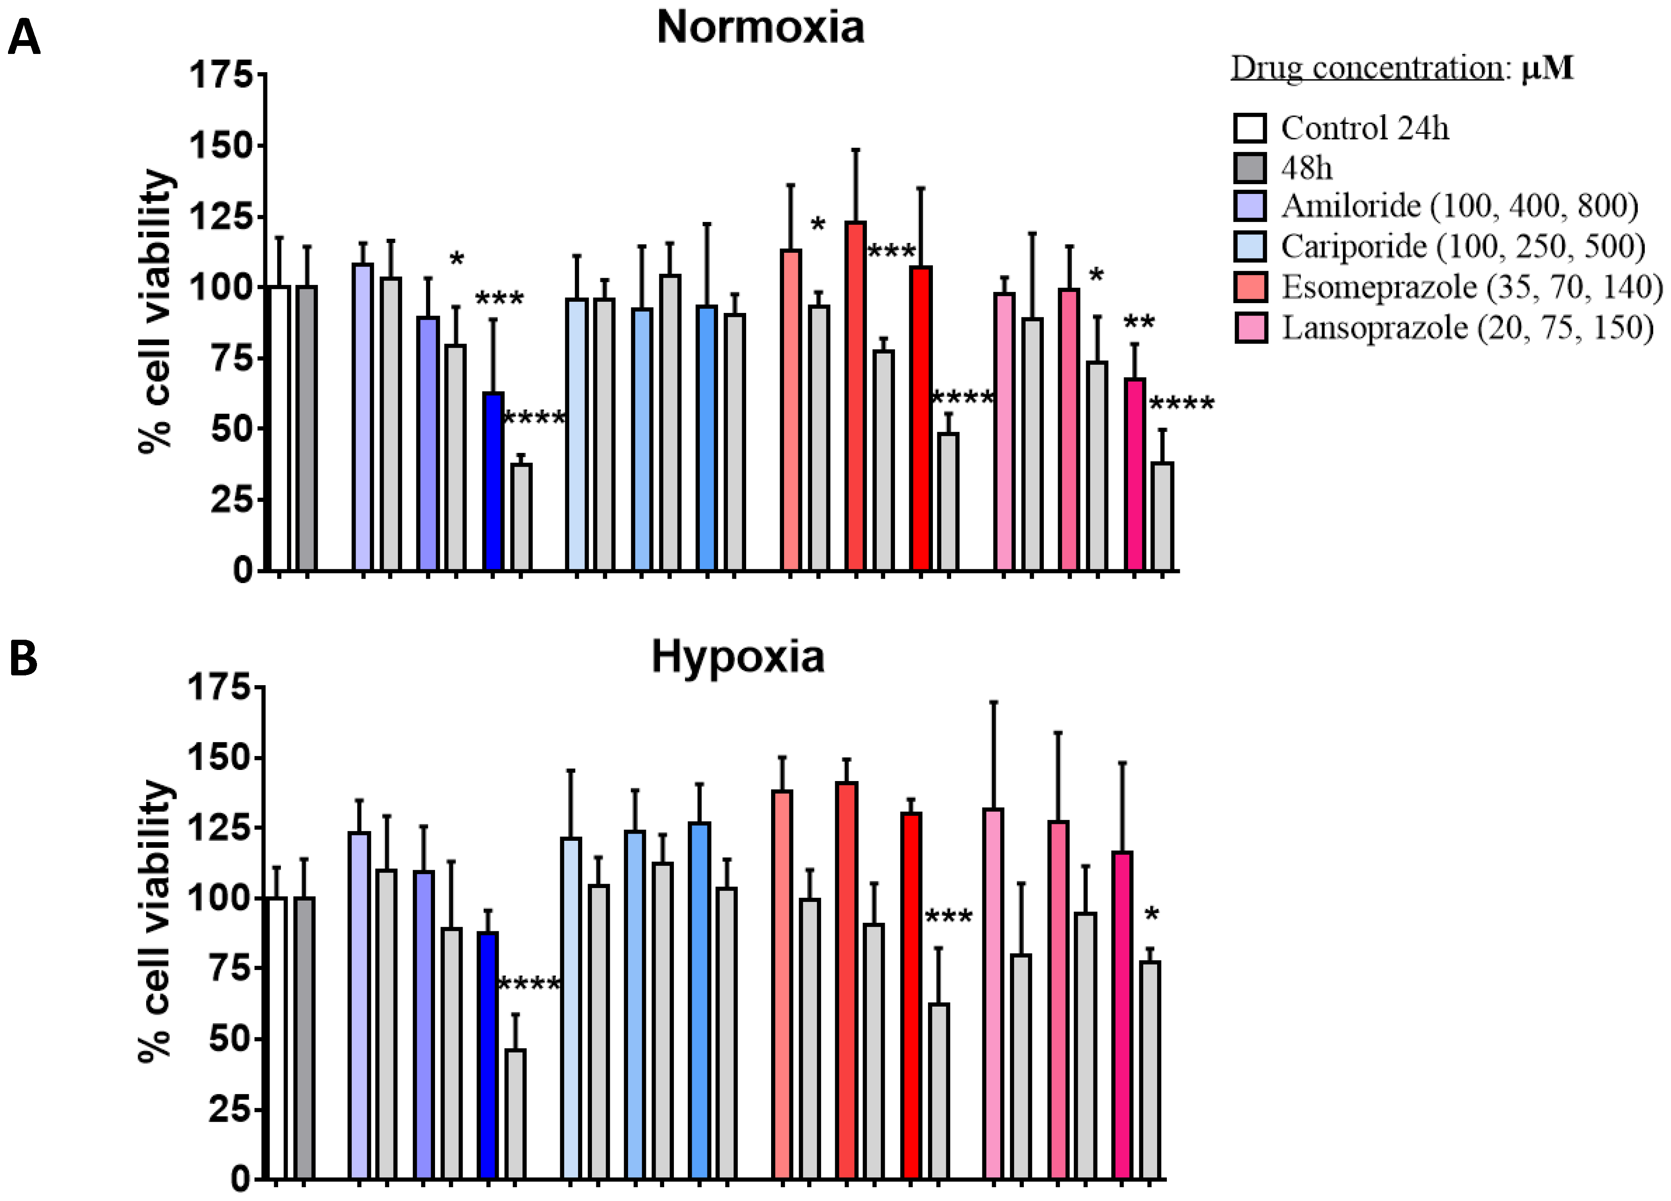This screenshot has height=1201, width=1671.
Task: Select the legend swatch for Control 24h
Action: coord(1249,128)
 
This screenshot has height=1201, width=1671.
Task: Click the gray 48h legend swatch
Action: coord(1249,168)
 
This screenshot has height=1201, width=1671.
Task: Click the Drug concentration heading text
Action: coord(1367,69)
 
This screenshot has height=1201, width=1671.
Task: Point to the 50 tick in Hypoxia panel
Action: coord(230,1039)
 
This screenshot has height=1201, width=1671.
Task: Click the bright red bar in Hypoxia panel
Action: coord(911,995)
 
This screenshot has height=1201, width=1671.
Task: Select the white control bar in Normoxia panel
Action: coord(279,428)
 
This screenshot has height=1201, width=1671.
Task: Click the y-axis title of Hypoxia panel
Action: coord(156,921)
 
